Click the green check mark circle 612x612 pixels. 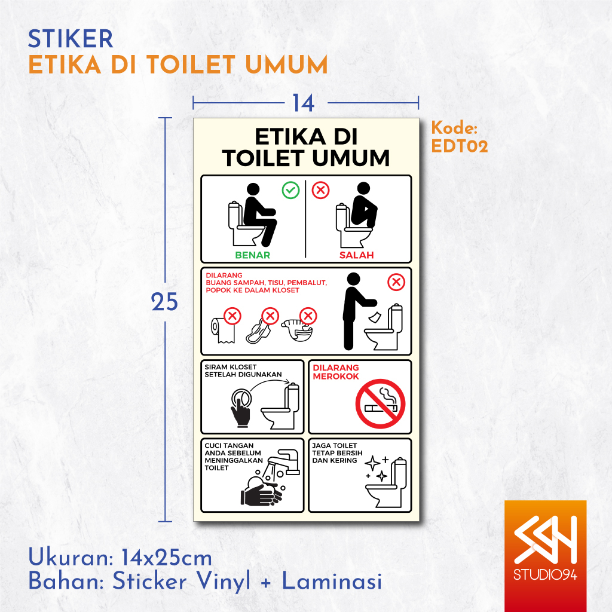(x=290, y=191)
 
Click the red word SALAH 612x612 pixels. (x=357, y=255)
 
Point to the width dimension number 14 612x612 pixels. (x=303, y=103)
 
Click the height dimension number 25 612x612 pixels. (x=164, y=302)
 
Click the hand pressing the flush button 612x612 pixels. (x=241, y=406)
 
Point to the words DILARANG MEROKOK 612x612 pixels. (x=336, y=372)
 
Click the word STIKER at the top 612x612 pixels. (x=71, y=39)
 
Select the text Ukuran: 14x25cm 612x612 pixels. (x=120, y=558)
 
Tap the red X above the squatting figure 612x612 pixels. (x=321, y=191)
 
